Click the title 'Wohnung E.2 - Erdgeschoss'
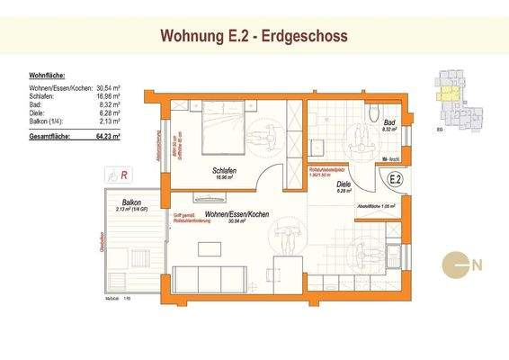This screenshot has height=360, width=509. (x=254, y=36)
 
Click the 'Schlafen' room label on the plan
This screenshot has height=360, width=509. (x=226, y=171)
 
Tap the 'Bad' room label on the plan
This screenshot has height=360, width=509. (x=389, y=122)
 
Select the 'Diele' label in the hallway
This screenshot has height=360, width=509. (x=343, y=183)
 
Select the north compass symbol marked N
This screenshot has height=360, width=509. (x=461, y=265)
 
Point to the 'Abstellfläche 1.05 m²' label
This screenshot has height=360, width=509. (x=376, y=206)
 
